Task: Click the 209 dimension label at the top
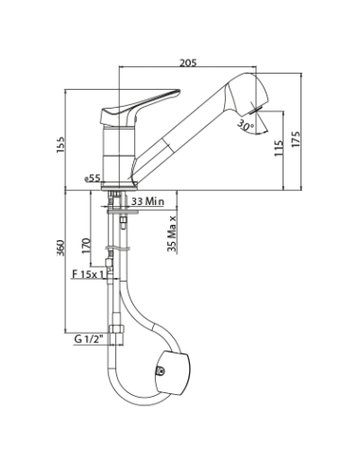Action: [x=190, y=63]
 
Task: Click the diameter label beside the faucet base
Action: [x=91, y=177]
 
